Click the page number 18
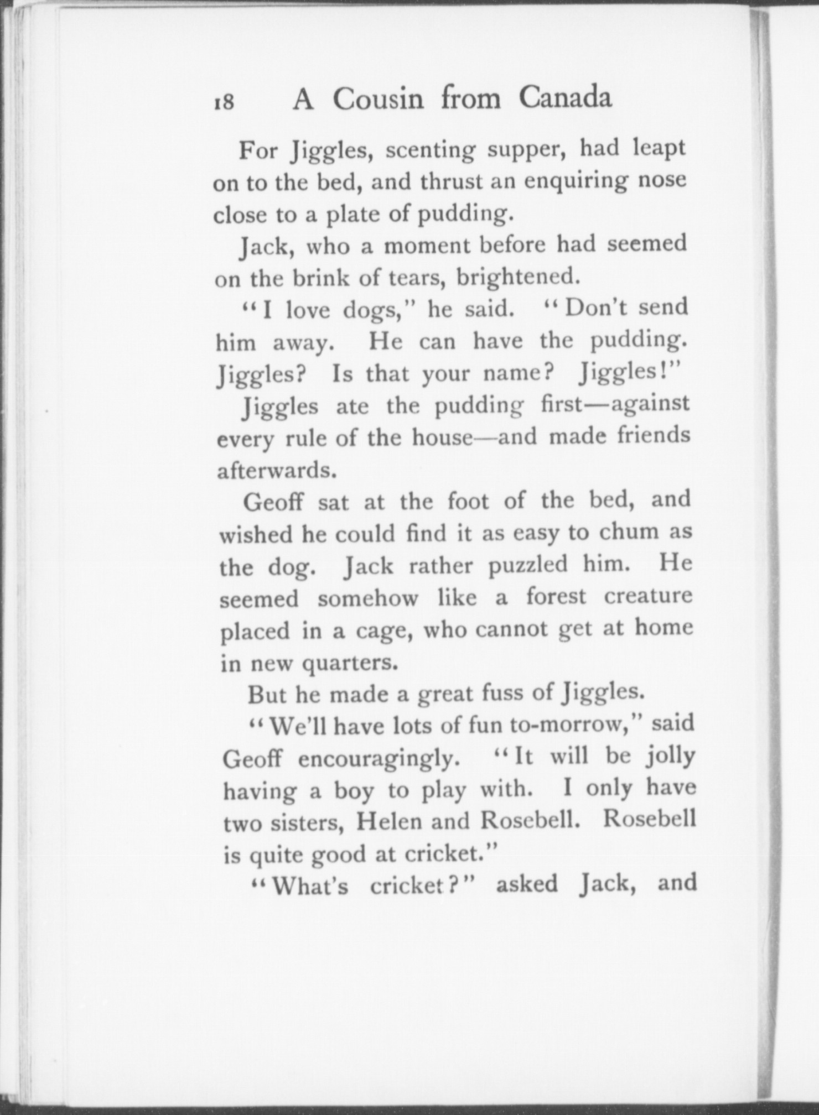click(224, 103)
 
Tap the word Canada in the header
click(565, 98)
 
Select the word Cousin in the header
click(379, 100)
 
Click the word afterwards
click(277, 471)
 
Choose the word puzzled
click(528, 565)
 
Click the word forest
click(555, 597)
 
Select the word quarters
click(349, 663)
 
